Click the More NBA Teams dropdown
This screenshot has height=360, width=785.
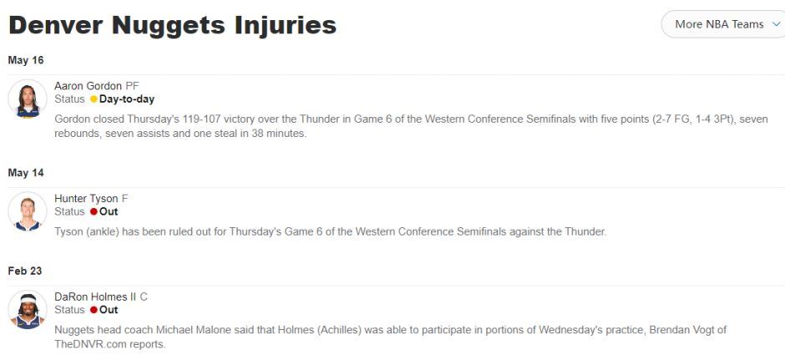(724, 24)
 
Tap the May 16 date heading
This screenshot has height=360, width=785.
(26, 61)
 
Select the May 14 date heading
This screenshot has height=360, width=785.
(26, 173)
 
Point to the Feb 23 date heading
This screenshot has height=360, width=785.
(25, 271)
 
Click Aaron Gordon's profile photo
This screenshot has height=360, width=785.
(28, 99)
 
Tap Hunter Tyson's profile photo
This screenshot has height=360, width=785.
(28, 211)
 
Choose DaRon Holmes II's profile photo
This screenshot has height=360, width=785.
(28, 309)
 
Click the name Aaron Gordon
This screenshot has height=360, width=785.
(89, 86)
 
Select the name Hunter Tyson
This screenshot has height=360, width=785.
(86, 199)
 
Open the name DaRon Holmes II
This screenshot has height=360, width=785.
(95, 297)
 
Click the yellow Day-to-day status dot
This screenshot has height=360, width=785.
(94, 99)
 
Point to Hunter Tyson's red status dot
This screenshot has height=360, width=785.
(94, 212)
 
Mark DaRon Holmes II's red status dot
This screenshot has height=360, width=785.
(94, 310)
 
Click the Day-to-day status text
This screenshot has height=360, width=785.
(127, 99)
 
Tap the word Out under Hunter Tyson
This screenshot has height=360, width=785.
(109, 212)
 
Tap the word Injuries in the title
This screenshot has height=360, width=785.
(284, 25)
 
